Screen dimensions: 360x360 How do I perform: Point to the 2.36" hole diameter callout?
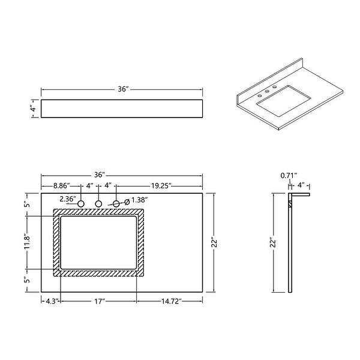coord(67,199)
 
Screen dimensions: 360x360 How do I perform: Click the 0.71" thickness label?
coord(288,176)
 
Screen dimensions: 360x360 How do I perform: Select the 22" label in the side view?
coord(272,242)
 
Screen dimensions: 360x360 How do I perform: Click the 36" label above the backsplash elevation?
coord(124,89)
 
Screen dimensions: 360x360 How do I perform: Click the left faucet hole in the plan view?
coord(80,204)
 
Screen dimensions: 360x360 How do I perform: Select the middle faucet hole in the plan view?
coord(98,204)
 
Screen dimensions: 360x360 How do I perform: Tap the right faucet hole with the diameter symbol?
coord(116,204)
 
